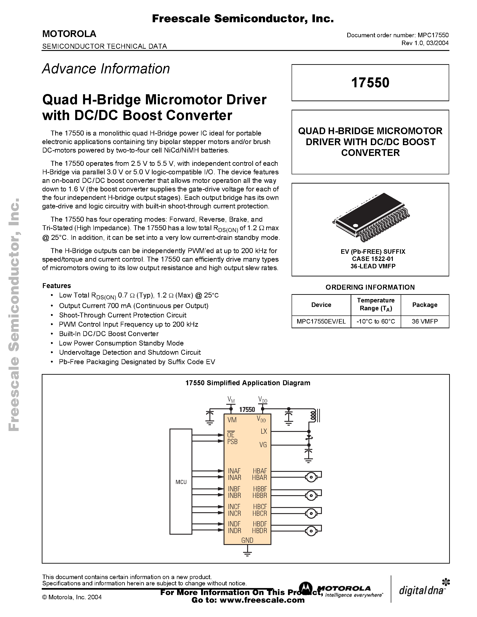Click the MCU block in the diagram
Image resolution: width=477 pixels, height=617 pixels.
coord(181,481)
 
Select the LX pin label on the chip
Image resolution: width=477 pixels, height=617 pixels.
coord(264,431)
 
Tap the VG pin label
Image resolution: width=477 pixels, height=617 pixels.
coord(263,445)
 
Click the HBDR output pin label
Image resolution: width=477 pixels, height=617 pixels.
coord(260,531)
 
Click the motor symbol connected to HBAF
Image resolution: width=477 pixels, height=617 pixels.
coord(311,477)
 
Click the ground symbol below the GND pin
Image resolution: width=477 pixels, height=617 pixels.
coord(247,553)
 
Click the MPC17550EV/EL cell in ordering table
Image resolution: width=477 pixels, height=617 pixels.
coord(321,322)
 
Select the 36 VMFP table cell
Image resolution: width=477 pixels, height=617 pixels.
coord(425,322)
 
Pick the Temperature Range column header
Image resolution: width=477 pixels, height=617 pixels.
coord(376,304)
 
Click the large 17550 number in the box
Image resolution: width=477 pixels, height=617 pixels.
coord(370,83)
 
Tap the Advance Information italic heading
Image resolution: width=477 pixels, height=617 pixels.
coord(106,69)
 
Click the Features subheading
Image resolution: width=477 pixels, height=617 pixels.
coord(57,286)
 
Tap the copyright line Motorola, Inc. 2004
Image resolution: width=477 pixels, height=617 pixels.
coord(72,597)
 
